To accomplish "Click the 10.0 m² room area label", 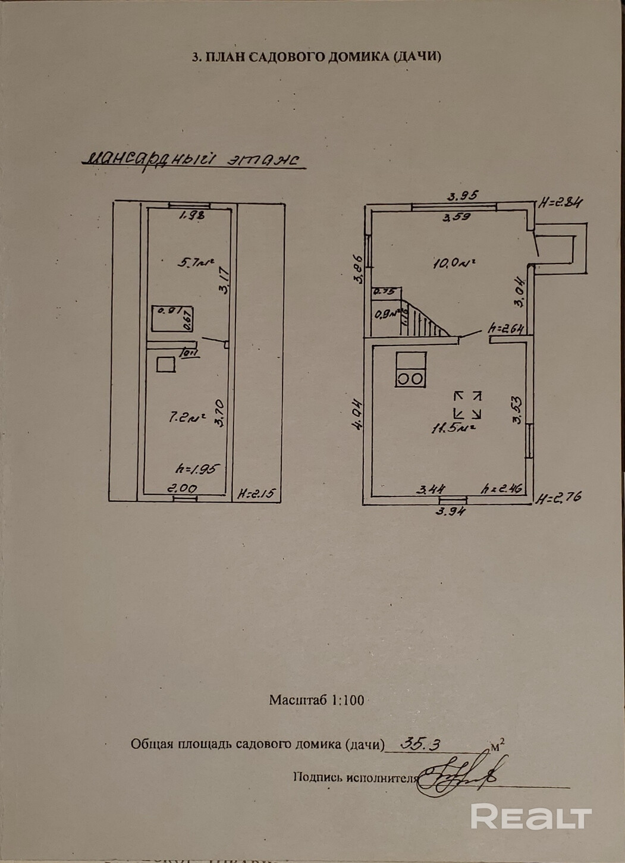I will click(456, 263).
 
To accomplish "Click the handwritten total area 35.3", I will click(421, 743).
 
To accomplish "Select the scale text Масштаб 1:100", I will click(316, 700).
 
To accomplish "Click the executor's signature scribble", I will click(458, 776).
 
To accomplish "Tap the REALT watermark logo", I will click(531, 816).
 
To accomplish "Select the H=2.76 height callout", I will click(558, 498).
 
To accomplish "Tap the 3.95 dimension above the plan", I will click(463, 195).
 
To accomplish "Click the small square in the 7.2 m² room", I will click(166, 364).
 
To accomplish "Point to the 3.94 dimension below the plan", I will click(451, 511).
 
